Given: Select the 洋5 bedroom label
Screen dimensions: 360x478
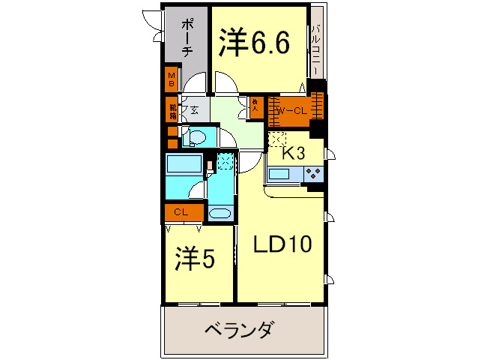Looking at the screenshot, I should [x=196, y=259].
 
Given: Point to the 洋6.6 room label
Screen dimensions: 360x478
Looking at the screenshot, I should [x=255, y=43].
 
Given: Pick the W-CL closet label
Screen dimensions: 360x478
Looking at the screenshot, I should [x=291, y=111].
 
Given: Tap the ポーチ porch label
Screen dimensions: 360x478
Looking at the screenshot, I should [x=187, y=37].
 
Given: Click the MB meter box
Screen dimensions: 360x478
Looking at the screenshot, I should [x=172, y=79].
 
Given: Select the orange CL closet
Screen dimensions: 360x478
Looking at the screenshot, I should [x=182, y=212].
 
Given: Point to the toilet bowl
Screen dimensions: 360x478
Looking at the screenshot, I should [x=196, y=137].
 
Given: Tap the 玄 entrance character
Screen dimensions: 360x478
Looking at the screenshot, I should [x=194, y=110].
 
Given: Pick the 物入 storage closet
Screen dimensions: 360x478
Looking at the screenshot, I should [x=255, y=106].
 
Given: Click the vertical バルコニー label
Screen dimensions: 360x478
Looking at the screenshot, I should [x=316, y=49].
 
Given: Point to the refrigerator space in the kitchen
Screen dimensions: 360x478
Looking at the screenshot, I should [x=277, y=139].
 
